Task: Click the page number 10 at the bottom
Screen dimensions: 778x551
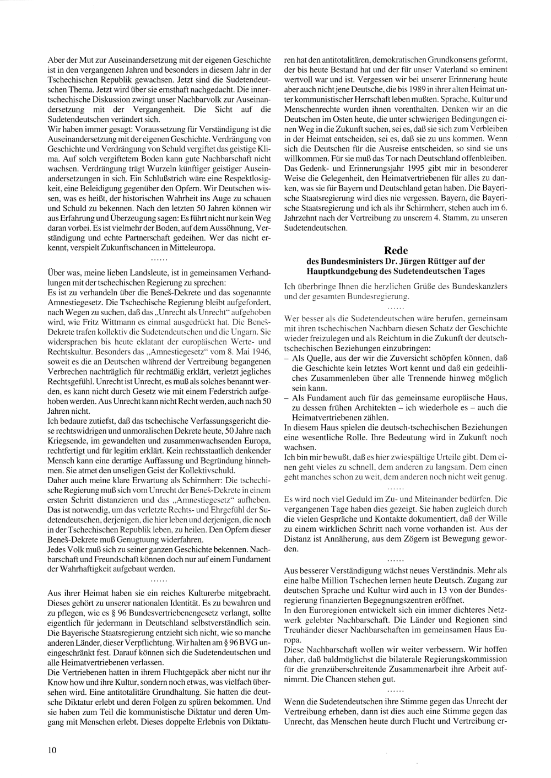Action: click(52, 749)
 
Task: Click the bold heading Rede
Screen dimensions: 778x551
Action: click(395, 251)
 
